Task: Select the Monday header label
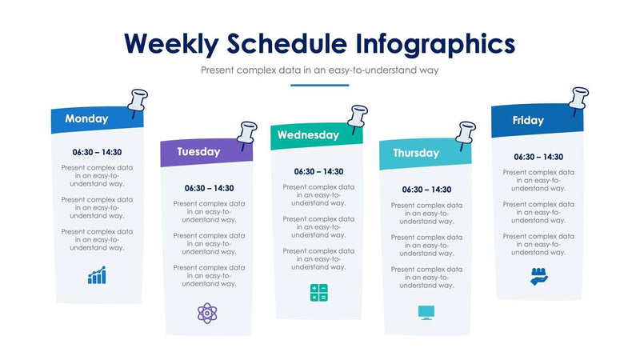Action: pyautogui.click(x=86, y=119)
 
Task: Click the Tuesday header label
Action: pyautogui.click(x=198, y=151)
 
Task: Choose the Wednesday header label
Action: pyautogui.click(x=308, y=135)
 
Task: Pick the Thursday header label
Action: pyautogui.click(x=415, y=153)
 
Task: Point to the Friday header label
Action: pyautogui.click(x=528, y=121)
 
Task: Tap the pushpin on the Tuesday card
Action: pyautogui.click(x=247, y=133)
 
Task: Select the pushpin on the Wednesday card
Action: pyautogui.click(x=358, y=117)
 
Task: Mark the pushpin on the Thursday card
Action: pyautogui.click(x=466, y=134)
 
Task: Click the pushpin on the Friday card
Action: pyautogui.click(x=578, y=99)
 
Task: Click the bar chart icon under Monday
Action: pyautogui.click(x=97, y=276)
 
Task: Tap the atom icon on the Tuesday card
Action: pyautogui.click(x=208, y=312)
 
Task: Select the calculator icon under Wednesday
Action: pyautogui.click(x=318, y=293)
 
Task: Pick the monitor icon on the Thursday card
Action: pyautogui.click(x=426, y=312)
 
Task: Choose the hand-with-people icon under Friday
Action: pyautogui.click(x=538, y=277)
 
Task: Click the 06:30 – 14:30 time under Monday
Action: pyautogui.click(x=97, y=152)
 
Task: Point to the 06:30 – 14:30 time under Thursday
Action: pyautogui.click(x=426, y=190)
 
